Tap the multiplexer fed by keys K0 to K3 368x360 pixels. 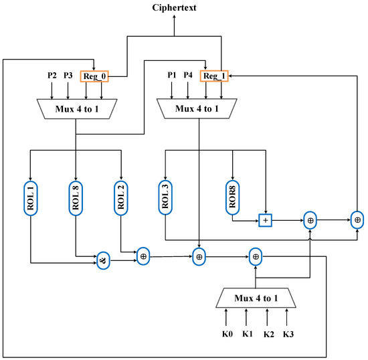(x=256, y=296)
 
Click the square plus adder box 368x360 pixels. (x=265, y=219)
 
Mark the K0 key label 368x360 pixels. (x=227, y=333)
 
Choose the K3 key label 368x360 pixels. (x=287, y=333)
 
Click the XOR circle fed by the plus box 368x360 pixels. (x=310, y=219)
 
